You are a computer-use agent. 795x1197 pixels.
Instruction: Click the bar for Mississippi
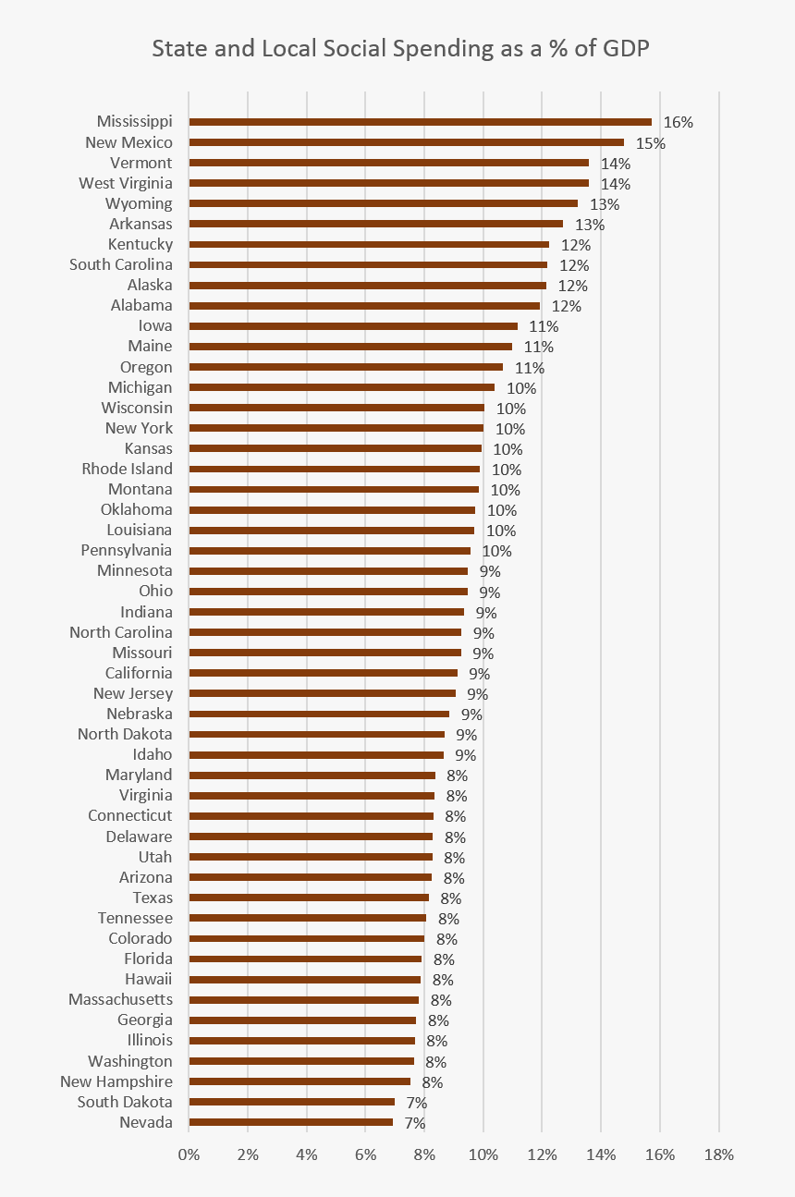click(x=421, y=122)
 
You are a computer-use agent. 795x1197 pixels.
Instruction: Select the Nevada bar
click(x=291, y=1122)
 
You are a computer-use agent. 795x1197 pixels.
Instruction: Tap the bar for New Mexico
click(x=407, y=142)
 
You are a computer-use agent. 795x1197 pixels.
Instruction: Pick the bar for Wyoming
click(x=384, y=203)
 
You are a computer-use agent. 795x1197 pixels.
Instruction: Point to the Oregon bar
click(x=347, y=367)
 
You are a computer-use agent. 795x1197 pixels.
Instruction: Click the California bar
click(x=324, y=673)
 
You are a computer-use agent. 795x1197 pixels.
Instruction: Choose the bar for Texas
click(x=310, y=898)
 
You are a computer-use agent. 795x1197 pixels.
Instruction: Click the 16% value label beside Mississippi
click(x=678, y=122)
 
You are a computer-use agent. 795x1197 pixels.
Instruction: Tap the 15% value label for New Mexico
click(x=650, y=143)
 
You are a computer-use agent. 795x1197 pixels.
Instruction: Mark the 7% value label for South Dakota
click(x=416, y=1103)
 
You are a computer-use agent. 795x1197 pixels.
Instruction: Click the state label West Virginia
click(x=126, y=183)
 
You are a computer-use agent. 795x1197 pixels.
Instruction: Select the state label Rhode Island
click(x=127, y=469)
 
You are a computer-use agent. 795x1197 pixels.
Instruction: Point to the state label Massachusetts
click(x=120, y=999)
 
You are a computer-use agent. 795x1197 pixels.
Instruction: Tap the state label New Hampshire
click(x=116, y=1081)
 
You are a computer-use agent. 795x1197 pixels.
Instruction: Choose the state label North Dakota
click(x=125, y=734)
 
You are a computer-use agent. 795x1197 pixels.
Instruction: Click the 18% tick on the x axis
click(x=718, y=1154)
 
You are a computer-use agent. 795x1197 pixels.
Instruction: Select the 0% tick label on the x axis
click(x=189, y=1154)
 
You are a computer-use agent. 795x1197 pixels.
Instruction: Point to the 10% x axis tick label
click(x=483, y=1154)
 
